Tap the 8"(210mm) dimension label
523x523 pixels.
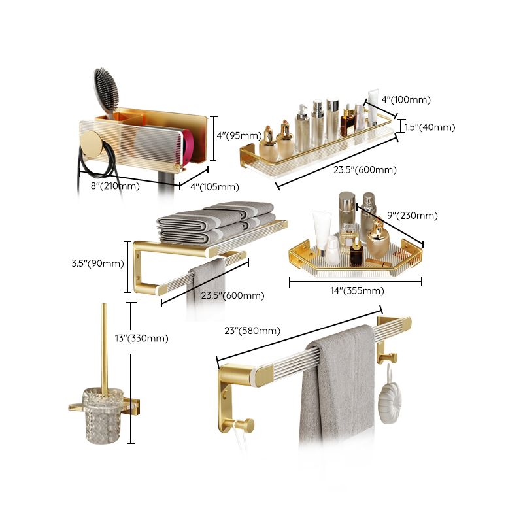114,186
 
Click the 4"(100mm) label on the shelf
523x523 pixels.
406,100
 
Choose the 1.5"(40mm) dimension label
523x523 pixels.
429,127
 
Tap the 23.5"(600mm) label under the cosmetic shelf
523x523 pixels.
365,170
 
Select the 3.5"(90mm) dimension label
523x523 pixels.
97,263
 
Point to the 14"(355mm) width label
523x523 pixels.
356,290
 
